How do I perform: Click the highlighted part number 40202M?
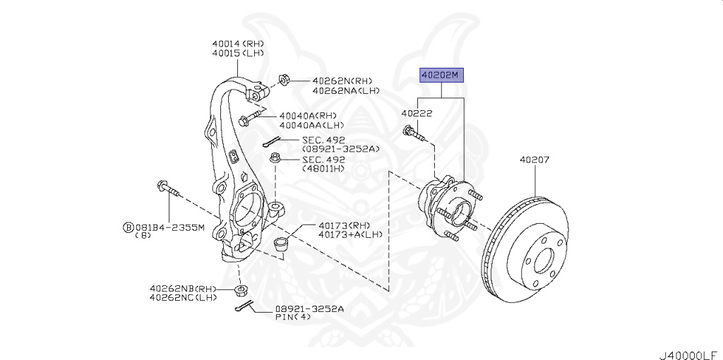442,75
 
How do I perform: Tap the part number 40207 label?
534,160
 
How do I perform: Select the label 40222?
417,113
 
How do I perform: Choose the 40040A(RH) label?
308,116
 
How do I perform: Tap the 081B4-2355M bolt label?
169,227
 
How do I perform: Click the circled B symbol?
128,227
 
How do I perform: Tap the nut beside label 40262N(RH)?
284,78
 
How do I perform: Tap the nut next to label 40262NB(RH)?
243,290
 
